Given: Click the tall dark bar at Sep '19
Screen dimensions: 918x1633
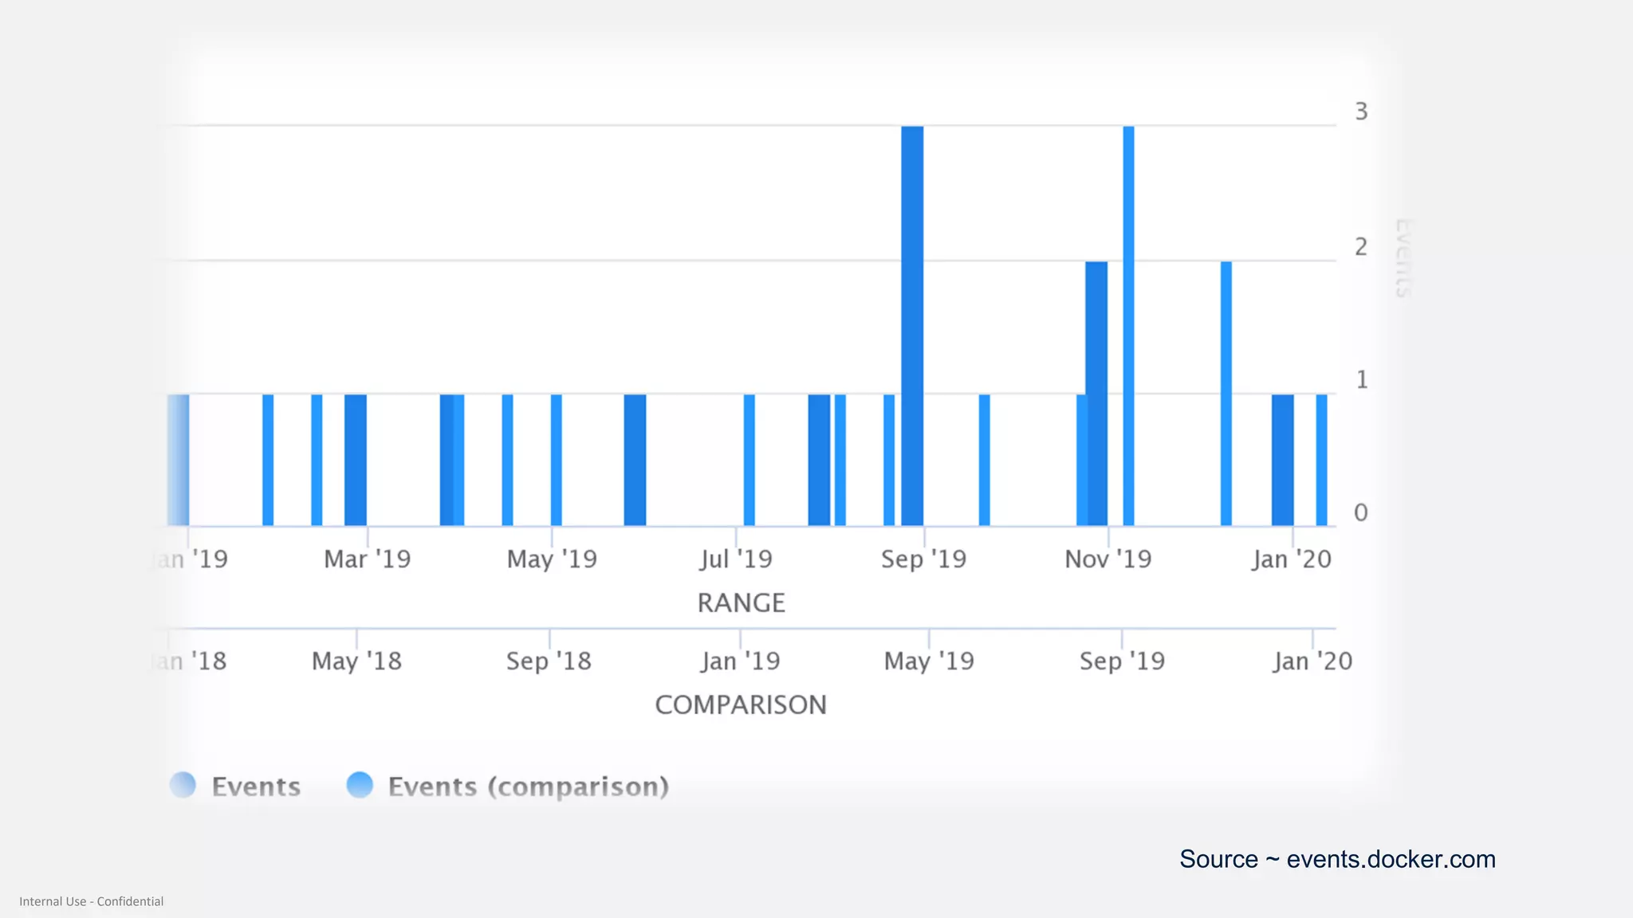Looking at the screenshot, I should [x=912, y=327].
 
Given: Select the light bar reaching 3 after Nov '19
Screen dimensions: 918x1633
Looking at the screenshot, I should [x=1128, y=327].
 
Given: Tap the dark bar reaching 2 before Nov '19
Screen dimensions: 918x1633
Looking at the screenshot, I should [x=1097, y=394].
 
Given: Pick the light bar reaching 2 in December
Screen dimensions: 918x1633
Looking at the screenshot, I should [x=1226, y=394].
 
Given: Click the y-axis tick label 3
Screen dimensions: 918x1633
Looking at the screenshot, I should [x=1361, y=112].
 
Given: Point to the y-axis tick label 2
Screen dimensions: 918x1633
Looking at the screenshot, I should [x=1361, y=247].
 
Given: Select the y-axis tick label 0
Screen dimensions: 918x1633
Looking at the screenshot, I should [x=1361, y=512].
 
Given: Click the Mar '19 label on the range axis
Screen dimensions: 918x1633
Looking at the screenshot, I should [x=367, y=559].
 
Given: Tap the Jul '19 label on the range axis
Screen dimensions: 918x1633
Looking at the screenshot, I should [x=736, y=559].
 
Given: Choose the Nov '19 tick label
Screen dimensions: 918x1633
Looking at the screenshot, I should [x=1108, y=559].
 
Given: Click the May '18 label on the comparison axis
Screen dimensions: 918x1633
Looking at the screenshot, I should [x=356, y=661].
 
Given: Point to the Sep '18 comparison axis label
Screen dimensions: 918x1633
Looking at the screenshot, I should [x=549, y=661].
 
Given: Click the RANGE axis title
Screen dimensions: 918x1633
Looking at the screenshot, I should [x=741, y=603].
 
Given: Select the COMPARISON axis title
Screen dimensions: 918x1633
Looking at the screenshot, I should [x=741, y=705].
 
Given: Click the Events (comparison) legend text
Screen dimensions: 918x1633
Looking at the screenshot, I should [x=528, y=787].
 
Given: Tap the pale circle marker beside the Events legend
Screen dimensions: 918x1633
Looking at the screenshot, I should [x=183, y=785].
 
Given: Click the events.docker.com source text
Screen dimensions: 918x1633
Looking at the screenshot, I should [x=1337, y=859].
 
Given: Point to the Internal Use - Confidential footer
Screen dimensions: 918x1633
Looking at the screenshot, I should [x=91, y=901].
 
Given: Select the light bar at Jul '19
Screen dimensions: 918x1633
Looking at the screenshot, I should [x=749, y=460].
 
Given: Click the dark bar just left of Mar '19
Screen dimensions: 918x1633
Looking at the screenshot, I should [x=356, y=460].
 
